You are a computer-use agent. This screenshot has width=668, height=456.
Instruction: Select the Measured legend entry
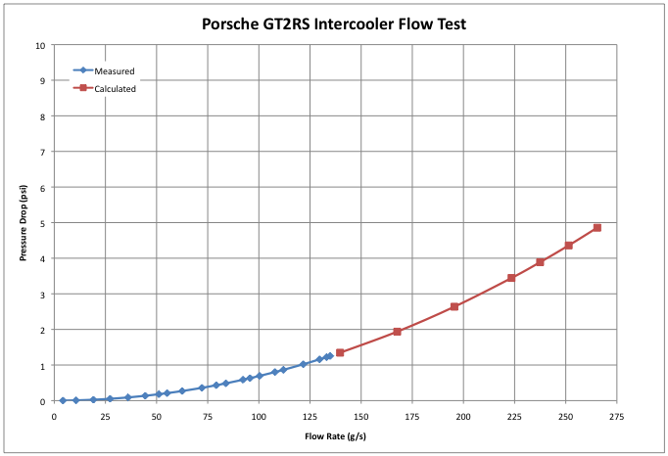(x=114, y=70)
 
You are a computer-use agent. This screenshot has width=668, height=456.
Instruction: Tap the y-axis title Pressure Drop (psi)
(x=22, y=223)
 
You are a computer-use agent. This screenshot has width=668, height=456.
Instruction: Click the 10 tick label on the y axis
(x=40, y=45)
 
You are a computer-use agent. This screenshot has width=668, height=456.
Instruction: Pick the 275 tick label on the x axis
(x=616, y=415)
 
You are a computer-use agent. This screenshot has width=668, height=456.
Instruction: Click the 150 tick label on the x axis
(x=360, y=415)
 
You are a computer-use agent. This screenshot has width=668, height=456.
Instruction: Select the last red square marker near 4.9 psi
(x=596, y=228)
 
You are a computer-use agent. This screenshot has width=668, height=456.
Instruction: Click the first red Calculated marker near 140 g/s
(x=340, y=352)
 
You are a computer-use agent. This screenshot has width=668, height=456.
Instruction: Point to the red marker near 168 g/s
(x=397, y=332)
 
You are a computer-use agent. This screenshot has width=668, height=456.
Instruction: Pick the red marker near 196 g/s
(x=454, y=306)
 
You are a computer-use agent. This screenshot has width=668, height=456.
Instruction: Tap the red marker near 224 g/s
(x=511, y=278)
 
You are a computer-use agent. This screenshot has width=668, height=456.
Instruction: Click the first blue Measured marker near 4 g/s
(x=63, y=400)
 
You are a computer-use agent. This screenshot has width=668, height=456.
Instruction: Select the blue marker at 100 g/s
(x=259, y=376)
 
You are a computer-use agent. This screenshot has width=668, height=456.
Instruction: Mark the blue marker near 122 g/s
(x=304, y=364)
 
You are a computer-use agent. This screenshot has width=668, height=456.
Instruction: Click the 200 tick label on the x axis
(x=463, y=415)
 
